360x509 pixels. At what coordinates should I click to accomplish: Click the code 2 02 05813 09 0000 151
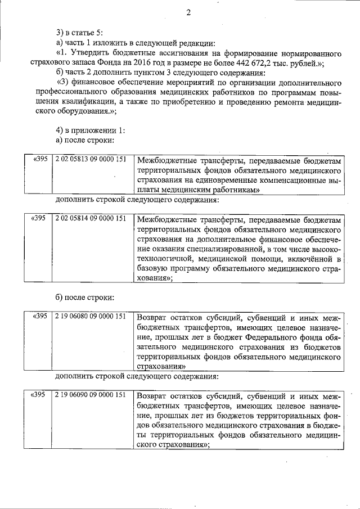(x=90, y=159)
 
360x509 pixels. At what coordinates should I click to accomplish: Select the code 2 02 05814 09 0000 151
(x=90, y=219)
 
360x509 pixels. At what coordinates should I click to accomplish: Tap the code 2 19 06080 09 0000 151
(x=90, y=316)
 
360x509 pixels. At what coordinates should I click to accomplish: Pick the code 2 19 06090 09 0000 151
(x=90, y=395)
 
